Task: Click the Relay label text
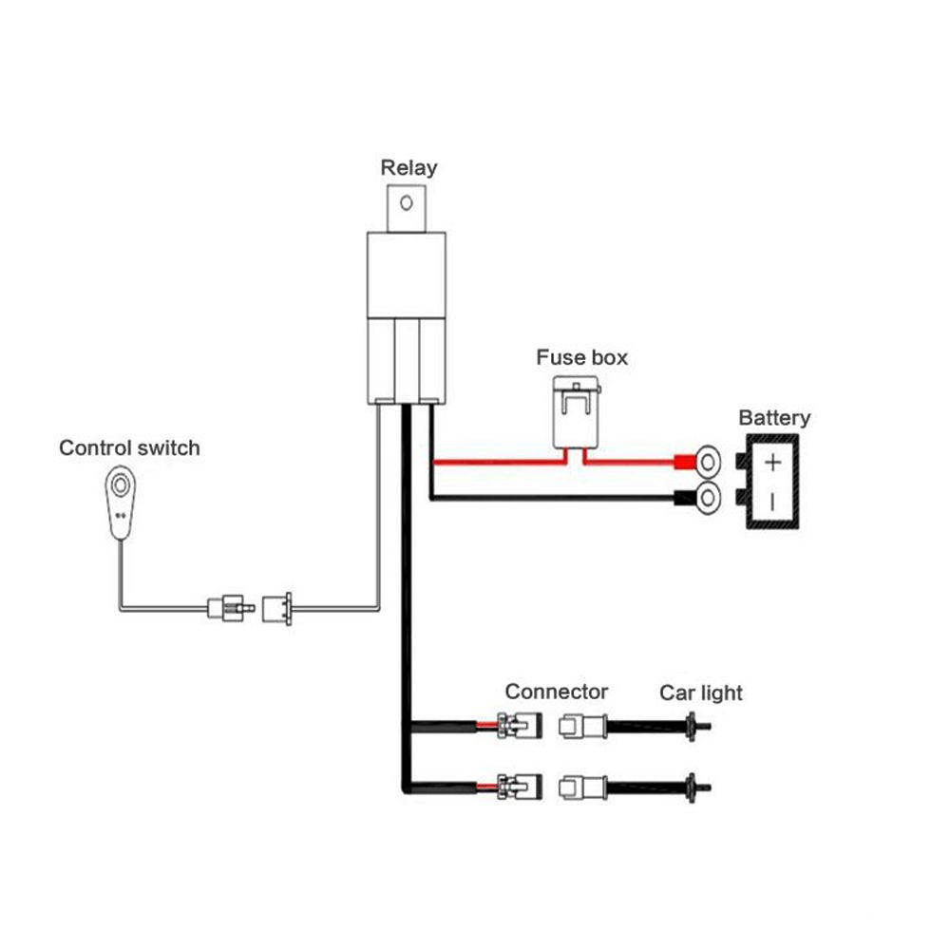point(408,168)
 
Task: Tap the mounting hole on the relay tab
point(408,203)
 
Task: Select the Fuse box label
point(581,358)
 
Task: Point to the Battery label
point(774,418)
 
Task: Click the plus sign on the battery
point(773,463)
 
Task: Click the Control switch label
point(130,447)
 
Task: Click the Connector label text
point(556,692)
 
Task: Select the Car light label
point(701,693)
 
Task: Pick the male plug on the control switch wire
point(229,604)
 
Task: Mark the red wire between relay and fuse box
point(494,463)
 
